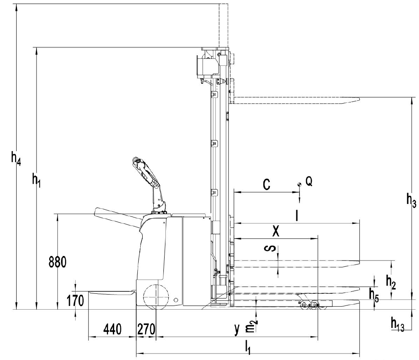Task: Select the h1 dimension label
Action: pyautogui.click(x=36, y=178)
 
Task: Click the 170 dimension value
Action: pyautogui.click(x=76, y=301)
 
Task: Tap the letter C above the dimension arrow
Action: pyautogui.click(x=265, y=185)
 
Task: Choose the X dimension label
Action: pyautogui.click(x=276, y=231)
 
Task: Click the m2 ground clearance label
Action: pyautogui.click(x=253, y=326)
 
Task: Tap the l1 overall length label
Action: pyautogui.click(x=248, y=347)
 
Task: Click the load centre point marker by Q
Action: pyautogui.click(x=299, y=184)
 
